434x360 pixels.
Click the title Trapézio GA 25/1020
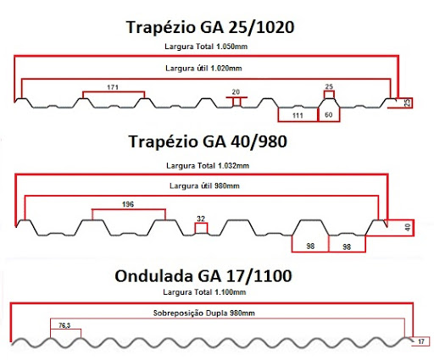click(210, 28)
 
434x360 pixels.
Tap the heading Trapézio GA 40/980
click(208, 141)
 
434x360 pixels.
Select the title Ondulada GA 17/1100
click(203, 276)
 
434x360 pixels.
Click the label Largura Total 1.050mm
click(206, 47)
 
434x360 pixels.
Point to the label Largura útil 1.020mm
click(203, 69)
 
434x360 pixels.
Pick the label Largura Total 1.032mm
click(208, 165)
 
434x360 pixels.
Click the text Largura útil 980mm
click(204, 186)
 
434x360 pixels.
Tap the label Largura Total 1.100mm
click(204, 292)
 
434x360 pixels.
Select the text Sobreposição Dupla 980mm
click(203, 313)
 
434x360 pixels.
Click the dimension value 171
click(113, 87)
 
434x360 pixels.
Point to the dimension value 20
click(236, 91)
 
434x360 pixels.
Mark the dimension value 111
click(298, 115)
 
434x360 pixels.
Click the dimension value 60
click(329, 114)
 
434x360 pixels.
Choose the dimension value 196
click(128, 204)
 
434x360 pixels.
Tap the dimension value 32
click(201, 219)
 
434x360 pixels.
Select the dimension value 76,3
click(64, 325)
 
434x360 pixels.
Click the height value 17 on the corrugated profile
click(421, 341)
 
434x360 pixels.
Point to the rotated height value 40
click(408, 227)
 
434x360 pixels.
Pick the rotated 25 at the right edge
click(407, 102)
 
